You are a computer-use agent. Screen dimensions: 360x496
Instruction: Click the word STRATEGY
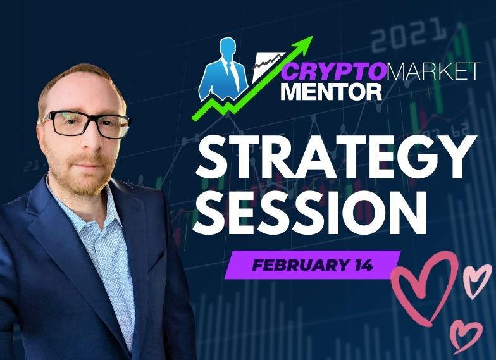tap(335, 158)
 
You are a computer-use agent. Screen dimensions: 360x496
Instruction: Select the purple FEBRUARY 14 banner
tap(313, 264)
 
